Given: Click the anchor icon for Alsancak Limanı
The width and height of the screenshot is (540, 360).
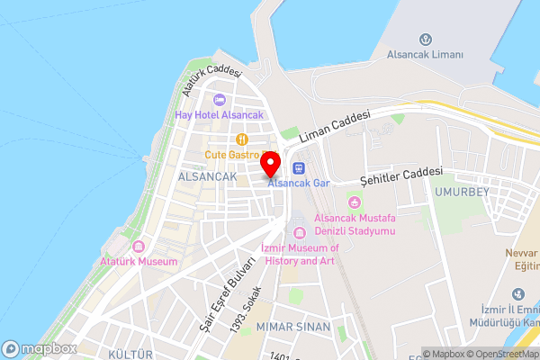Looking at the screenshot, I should (x=426, y=40).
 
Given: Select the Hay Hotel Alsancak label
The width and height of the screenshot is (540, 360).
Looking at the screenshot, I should (x=220, y=115).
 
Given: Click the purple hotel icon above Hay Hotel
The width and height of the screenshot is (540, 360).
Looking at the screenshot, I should (x=220, y=99).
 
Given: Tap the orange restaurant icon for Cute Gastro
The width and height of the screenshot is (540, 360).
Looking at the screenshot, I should (x=241, y=139).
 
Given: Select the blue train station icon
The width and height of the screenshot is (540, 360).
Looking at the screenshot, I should (x=299, y=167).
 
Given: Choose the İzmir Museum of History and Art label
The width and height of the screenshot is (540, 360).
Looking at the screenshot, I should (x=300, y=255).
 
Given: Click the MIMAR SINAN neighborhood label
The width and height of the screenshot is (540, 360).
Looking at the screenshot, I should (x=293, y=326).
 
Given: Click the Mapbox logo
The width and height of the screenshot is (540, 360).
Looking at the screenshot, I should (x=40, y=348).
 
